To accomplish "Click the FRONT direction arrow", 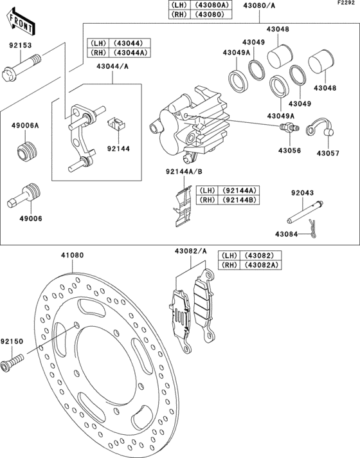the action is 21,23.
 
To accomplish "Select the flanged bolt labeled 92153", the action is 21,68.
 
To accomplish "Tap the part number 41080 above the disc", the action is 72,255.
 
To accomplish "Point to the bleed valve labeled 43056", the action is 289,127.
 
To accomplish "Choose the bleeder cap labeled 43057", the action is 319,127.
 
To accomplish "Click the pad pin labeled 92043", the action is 305,212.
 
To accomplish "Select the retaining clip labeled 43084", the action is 312,229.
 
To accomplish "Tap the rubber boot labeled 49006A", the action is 26,151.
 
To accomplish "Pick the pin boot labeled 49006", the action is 24,196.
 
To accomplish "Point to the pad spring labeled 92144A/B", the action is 183,206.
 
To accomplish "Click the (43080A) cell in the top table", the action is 211,5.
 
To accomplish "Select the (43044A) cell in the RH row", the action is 129,53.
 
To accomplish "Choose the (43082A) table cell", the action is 260,264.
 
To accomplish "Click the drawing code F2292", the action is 346,3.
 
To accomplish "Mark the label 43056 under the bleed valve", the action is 290,151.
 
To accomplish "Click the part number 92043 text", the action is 303,193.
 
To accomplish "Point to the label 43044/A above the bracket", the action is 113,67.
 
